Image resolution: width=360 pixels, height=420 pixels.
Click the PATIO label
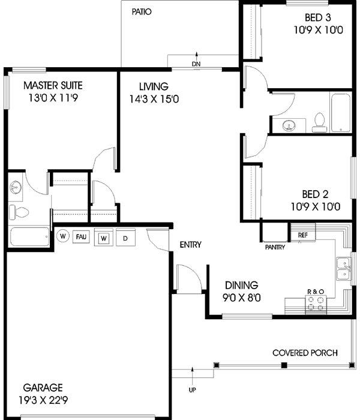click(141, 11)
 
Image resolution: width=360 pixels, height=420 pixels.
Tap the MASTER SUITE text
click(53, 85)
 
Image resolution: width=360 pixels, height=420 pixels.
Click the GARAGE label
click(43, 388)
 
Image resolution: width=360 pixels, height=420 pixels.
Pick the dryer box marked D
click(125, 238)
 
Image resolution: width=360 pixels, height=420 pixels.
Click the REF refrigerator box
click(302, 235)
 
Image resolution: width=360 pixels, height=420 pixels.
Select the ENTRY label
click(190, 245)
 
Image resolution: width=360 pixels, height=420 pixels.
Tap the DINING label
click(241, 285)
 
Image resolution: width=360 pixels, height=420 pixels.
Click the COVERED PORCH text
click(304, 353)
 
